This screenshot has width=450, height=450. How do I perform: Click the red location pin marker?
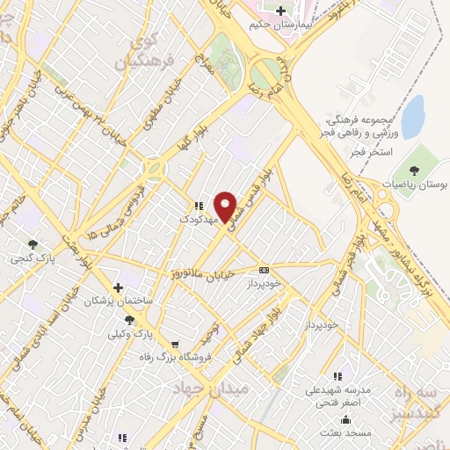click(227, 207)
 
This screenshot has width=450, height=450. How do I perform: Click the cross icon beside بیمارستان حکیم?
click(280, 11)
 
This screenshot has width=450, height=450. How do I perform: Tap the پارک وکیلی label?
click(130, 334)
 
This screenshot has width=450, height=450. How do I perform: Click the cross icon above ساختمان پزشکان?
click(118, 287)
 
